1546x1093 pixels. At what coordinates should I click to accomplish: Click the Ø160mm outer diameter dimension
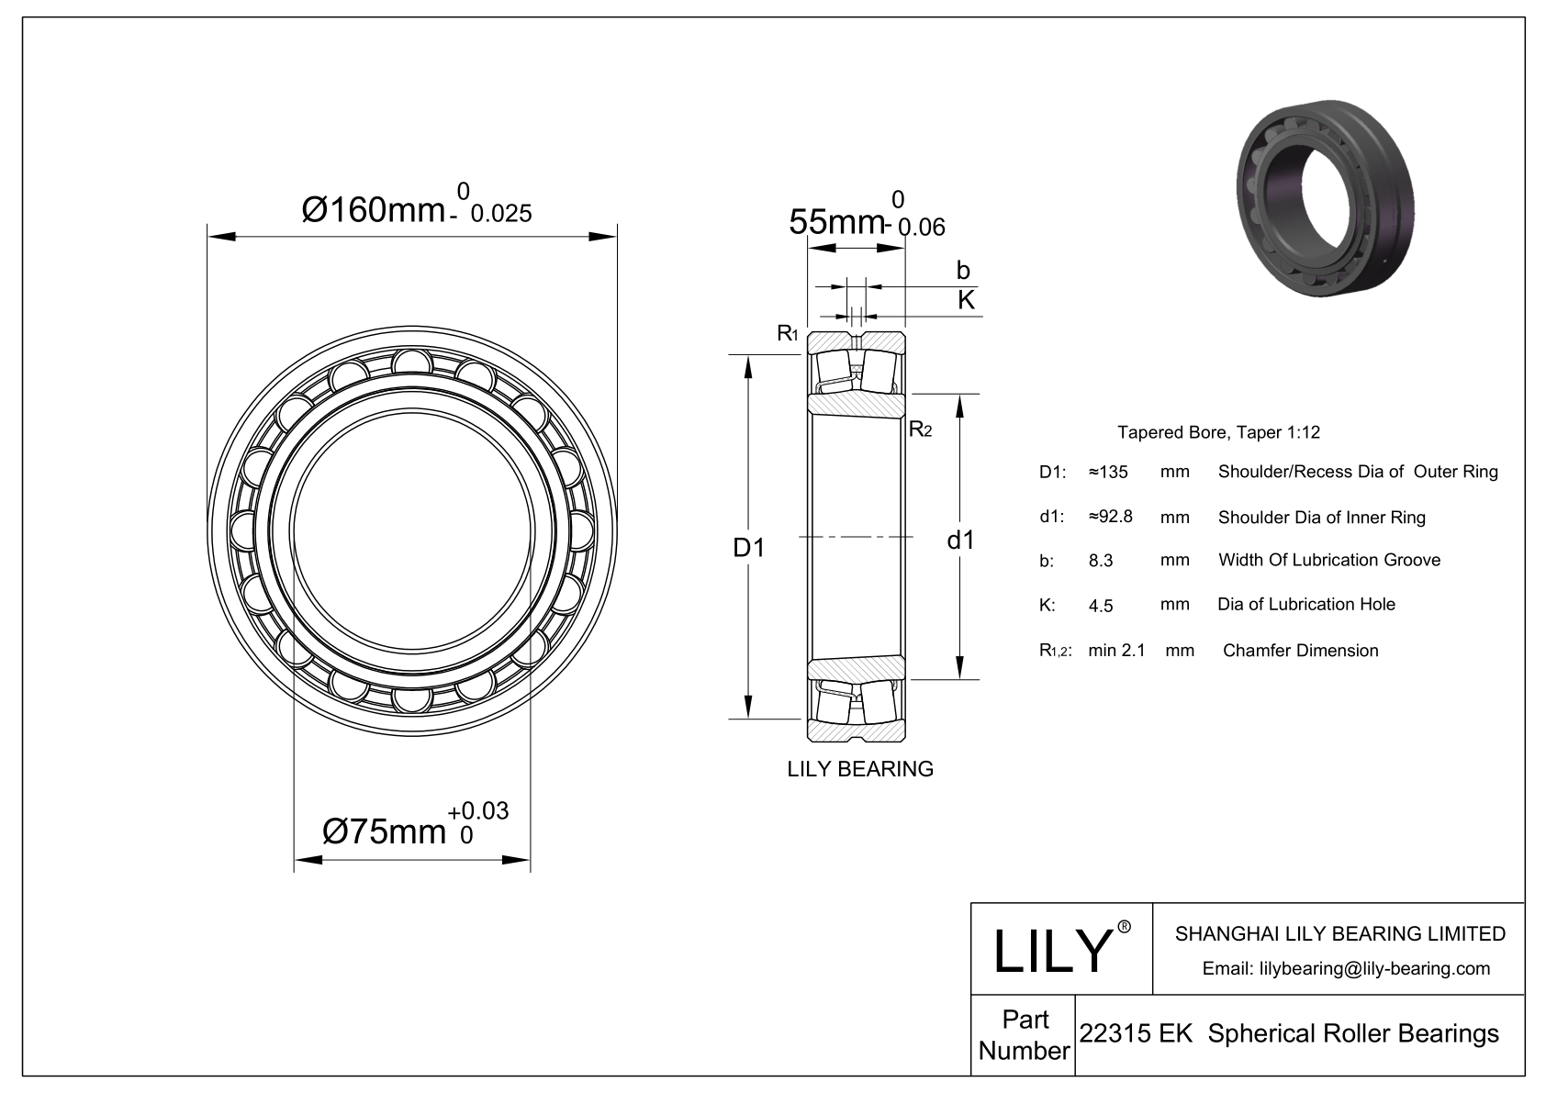pyautogui.click(x=415, y=210)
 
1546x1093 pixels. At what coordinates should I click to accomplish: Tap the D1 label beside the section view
pyautogui.click(x=748, y=548)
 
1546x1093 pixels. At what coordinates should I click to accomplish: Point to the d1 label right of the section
pyautogui.click(x=960, y=541)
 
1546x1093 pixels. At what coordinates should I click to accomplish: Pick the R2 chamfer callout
pyautogui.click(x=920, y=429)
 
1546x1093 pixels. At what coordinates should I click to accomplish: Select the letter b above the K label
pyautogui.click(x=963, y=270)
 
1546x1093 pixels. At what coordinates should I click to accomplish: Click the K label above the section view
pyautogui.click(x=966, y=299)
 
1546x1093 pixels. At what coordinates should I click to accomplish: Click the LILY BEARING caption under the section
pyautogui.click(x=860, y=769)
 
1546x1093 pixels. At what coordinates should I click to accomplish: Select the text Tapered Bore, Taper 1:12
pyautogui.click(x=1218, y=432)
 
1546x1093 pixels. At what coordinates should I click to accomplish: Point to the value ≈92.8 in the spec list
pyautogui.click(x=1110, y=517)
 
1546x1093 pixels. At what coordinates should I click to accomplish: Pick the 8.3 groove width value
pyautogui.click(x=1101, y=561)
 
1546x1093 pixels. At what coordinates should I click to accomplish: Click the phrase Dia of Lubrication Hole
pyautogui.click(x=1305, y=604)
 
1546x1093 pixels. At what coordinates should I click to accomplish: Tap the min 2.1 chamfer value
pyautogui.click(x=1116, y=651)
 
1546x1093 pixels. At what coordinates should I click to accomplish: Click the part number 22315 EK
pyautogui.click(x=1136, y=1034)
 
